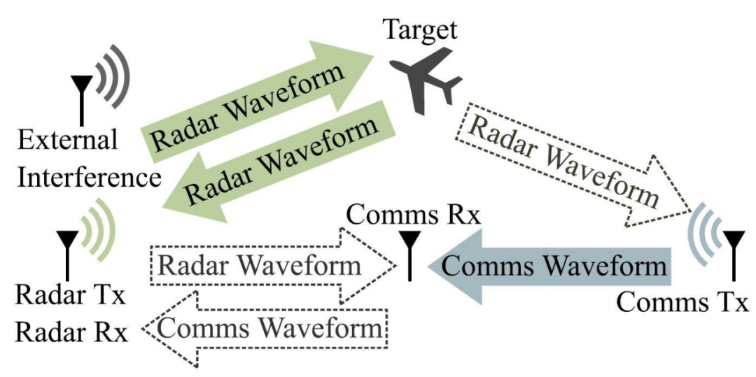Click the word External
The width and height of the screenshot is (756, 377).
[x=68, y=141]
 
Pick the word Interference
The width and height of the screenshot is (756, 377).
[x=90, y=177]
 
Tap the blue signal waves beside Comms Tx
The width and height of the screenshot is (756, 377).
[x=703, y=238]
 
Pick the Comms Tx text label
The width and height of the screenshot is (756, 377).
[x=682, y=303]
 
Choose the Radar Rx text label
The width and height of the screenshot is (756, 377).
[x=72, y=332]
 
